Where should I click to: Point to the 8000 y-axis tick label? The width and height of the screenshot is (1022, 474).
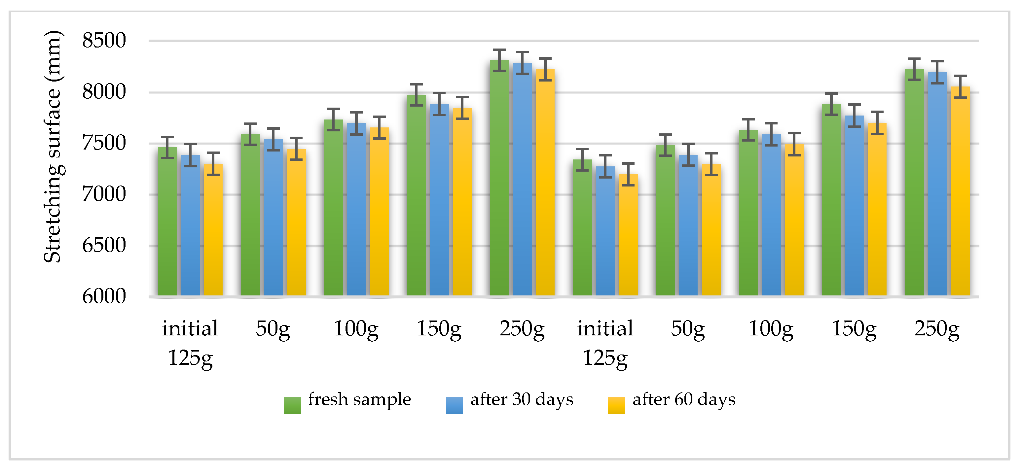tap(104, 92)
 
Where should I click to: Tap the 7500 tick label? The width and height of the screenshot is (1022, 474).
tap(104, 143)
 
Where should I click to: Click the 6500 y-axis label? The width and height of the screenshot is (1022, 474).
tap(104, 245)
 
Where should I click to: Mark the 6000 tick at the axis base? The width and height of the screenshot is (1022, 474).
tap(104, 296)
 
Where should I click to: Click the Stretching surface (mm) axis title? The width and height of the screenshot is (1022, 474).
tap(53, 147)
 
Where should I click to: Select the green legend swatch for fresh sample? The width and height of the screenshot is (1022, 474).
tap(292, 405)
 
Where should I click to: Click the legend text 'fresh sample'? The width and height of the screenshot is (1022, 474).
tap(359, 399)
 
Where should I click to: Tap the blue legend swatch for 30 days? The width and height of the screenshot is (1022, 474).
tap(454, 405)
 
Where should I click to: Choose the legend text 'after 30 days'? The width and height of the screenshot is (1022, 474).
tap(522, 399)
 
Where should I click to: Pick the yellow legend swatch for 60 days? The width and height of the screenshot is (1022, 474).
tap(616, 405)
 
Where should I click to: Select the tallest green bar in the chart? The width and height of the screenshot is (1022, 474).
tap(499, 178)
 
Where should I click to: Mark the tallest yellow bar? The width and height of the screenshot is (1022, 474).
tap(545, 182)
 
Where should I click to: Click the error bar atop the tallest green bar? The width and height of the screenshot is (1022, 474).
tap(499, 60)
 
